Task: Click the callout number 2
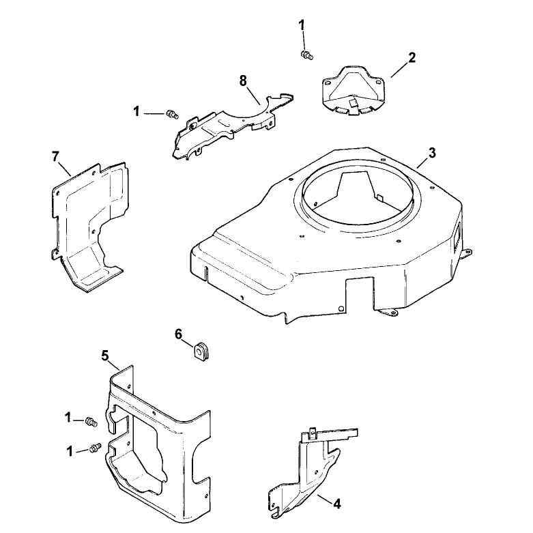click(412, 58)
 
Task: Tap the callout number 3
click(432, 153)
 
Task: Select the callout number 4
click(336, 504)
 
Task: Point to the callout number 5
click(105, 356)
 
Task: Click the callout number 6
click(179, 334)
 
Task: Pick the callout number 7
click(55, 157)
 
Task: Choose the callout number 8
click(243, 81)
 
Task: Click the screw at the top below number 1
click(307, 55)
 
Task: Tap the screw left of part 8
click(173, 114)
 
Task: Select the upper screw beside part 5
click(91, 422)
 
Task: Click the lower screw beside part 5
click(94, 448)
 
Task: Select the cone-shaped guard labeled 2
click(353, 91)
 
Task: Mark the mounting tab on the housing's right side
click(466, 253)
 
